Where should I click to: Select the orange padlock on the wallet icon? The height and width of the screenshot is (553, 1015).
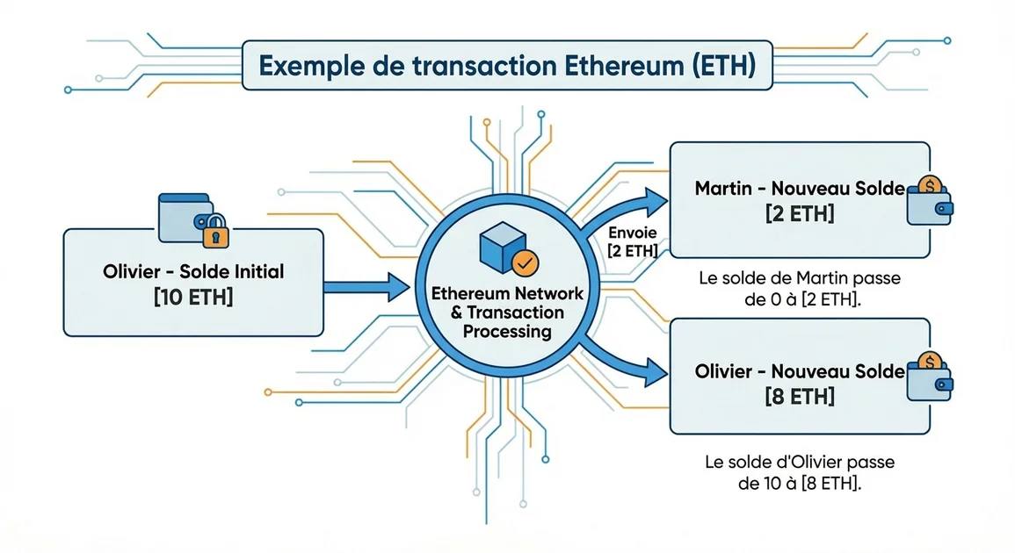coord(213,233)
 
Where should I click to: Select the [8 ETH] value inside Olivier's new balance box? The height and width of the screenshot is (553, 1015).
coord(800,396)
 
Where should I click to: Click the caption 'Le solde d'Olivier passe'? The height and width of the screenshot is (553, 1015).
coord(799,462)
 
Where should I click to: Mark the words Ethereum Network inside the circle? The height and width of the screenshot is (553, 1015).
coord(501,293)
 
